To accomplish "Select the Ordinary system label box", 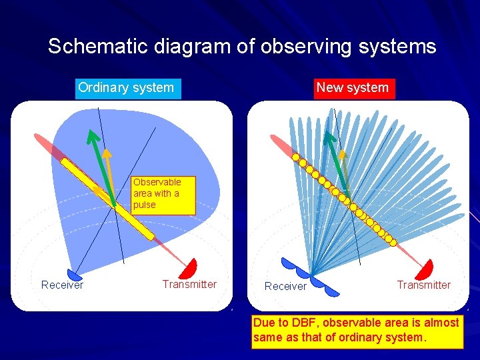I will click(127, 87).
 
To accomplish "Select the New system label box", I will click(353, 87).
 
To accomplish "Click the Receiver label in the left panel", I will click(62, 285).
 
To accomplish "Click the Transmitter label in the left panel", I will click(189, 285).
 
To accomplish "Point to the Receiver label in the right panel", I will click(285, 286).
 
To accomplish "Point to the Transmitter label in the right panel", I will click(423, 285).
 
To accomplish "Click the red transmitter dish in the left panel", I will click(189, 268).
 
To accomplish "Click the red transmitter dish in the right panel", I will click(424, 269).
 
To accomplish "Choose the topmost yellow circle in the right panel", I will click(295, 156).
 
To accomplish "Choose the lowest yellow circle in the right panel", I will click(392, 241).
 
